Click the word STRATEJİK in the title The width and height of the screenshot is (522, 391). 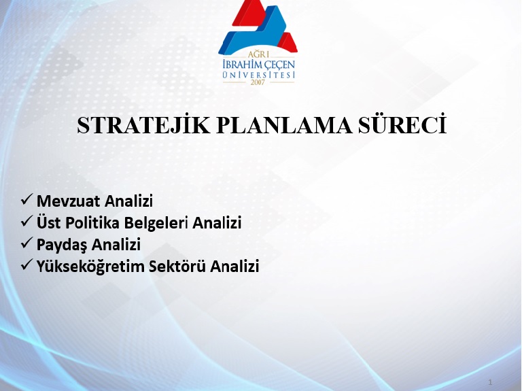(143, 125)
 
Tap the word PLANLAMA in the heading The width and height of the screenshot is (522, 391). (284, 126)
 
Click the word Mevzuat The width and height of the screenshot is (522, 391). (68, 201)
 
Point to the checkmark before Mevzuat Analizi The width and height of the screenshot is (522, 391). (27, 199)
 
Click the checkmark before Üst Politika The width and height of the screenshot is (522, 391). (27, 221)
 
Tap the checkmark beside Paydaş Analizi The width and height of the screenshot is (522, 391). (27, 243)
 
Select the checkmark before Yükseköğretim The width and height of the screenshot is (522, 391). (27, 265)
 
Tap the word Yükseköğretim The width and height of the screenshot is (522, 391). (90, 267)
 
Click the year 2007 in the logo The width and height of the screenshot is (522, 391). (258, 82)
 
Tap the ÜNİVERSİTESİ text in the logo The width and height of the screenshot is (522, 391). (259, 75)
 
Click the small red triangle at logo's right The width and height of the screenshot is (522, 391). (288, 42)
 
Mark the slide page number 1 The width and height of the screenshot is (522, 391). (490, 382)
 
